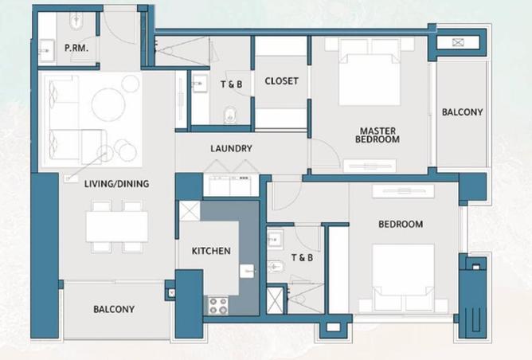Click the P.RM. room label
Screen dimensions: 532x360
coord(76,48)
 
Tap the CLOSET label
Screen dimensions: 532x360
coord(282,81)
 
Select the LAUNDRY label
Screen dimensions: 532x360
coord(231,149)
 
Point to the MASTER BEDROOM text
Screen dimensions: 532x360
coord(377,135)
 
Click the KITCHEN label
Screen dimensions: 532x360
coord(211,251)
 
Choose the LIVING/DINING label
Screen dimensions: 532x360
coord(117,184)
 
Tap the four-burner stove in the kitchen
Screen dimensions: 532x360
coord(218,306)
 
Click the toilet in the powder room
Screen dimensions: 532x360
coord(76,21)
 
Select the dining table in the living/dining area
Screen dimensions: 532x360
coord(117,226)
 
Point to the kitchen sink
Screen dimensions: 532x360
coord(247,271)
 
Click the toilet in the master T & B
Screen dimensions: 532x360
coord(230,115)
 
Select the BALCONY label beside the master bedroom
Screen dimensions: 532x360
coord(462,112)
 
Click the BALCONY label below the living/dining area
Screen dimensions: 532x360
coord(114,310)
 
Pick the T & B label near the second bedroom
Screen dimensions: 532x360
coord(303,258)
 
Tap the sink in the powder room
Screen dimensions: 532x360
coord(47,51)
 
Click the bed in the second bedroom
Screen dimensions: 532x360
coord(404,278)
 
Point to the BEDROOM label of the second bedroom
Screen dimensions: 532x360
coord(401,225)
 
